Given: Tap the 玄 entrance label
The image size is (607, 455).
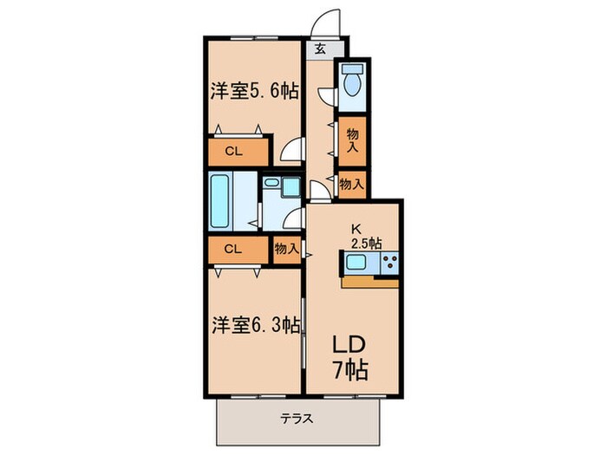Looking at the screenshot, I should point(320,49).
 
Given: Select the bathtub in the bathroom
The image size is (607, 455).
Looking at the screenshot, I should point(220,200).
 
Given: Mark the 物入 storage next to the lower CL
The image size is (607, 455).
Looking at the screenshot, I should point(286,249).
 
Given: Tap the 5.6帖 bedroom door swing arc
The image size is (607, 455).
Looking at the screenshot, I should point(293,151).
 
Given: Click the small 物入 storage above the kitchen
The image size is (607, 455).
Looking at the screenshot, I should point(351,184).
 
